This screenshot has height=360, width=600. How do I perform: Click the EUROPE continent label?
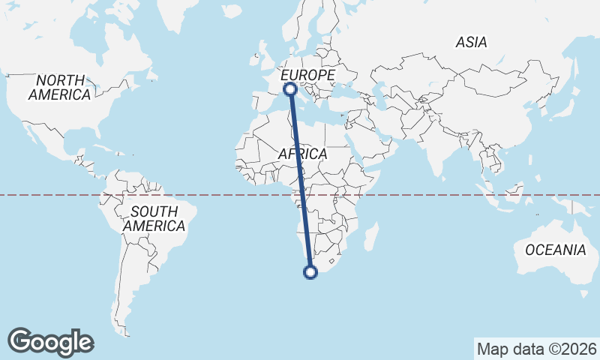click(307, 76)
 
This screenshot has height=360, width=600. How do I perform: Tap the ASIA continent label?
click(471, 43)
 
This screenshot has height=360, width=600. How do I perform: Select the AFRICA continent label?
click(302, 154)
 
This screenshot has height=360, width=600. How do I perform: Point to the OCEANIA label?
click(555, 250)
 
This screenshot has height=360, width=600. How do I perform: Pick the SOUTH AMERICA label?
click(154, 218)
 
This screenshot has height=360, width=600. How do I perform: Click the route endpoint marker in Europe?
click(290, 89)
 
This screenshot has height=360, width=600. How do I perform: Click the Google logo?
click(51, 341)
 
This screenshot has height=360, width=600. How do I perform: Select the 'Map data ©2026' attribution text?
click(536, 349)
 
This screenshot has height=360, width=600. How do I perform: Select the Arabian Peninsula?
click(375, 142)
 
